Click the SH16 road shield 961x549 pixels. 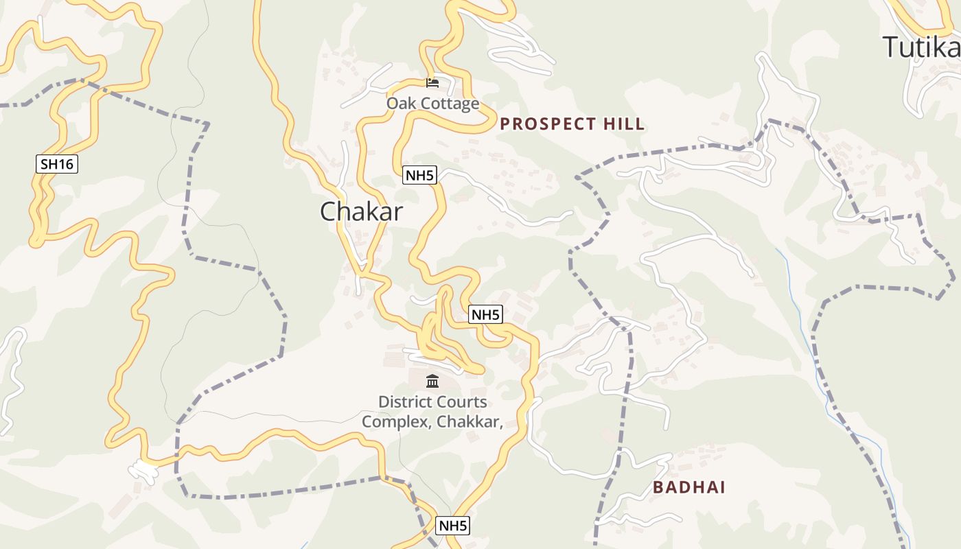[57, 164]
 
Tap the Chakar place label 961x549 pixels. [361, 211]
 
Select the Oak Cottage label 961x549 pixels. [432, 104]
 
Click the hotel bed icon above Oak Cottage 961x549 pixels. [432, 83]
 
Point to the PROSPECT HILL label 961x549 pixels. [572, 124]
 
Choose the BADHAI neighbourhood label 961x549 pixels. [688, 488]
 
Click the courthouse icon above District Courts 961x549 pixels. [432, 381]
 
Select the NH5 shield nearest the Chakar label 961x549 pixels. [419, 176]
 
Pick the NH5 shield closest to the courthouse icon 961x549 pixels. [486, 315]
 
